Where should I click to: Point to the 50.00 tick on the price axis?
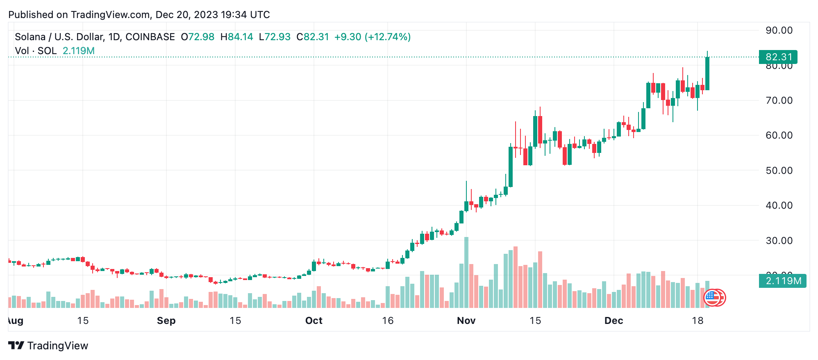pyautogui.click(x=779, y=171)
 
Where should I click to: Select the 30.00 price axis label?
pyautogui.click(x=779, y=241)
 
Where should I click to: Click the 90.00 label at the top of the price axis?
pyautogui.click(x=779, y=30)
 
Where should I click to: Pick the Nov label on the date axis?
pyautogui.click(x=466, y=321)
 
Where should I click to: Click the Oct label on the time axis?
pyautogui.click(x=314, y=321)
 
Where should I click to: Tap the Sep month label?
pyautogui.click(x=166, y=321)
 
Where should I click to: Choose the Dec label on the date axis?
pyautogui.click(x=613, y=321)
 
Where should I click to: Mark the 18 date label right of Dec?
pyautogui.click(x=698, y=321)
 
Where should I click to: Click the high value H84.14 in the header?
pyautogui.click(x=236, y=37)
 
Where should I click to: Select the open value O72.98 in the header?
pyautogui.click(x=198, y=37)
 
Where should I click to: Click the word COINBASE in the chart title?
pyautogui.click(x=150, y=37)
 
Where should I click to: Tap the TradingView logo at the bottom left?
pyautogui.click(x=48, y=346)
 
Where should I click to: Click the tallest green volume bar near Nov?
pyautogui.click(x=466, y=272)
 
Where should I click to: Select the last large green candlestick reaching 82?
pyautogui.click(x=707, y=73)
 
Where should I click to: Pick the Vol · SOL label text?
pyautogui.click(x=36, y=51)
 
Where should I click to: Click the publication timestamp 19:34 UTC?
pyautogui.click(x=245, y=15)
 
